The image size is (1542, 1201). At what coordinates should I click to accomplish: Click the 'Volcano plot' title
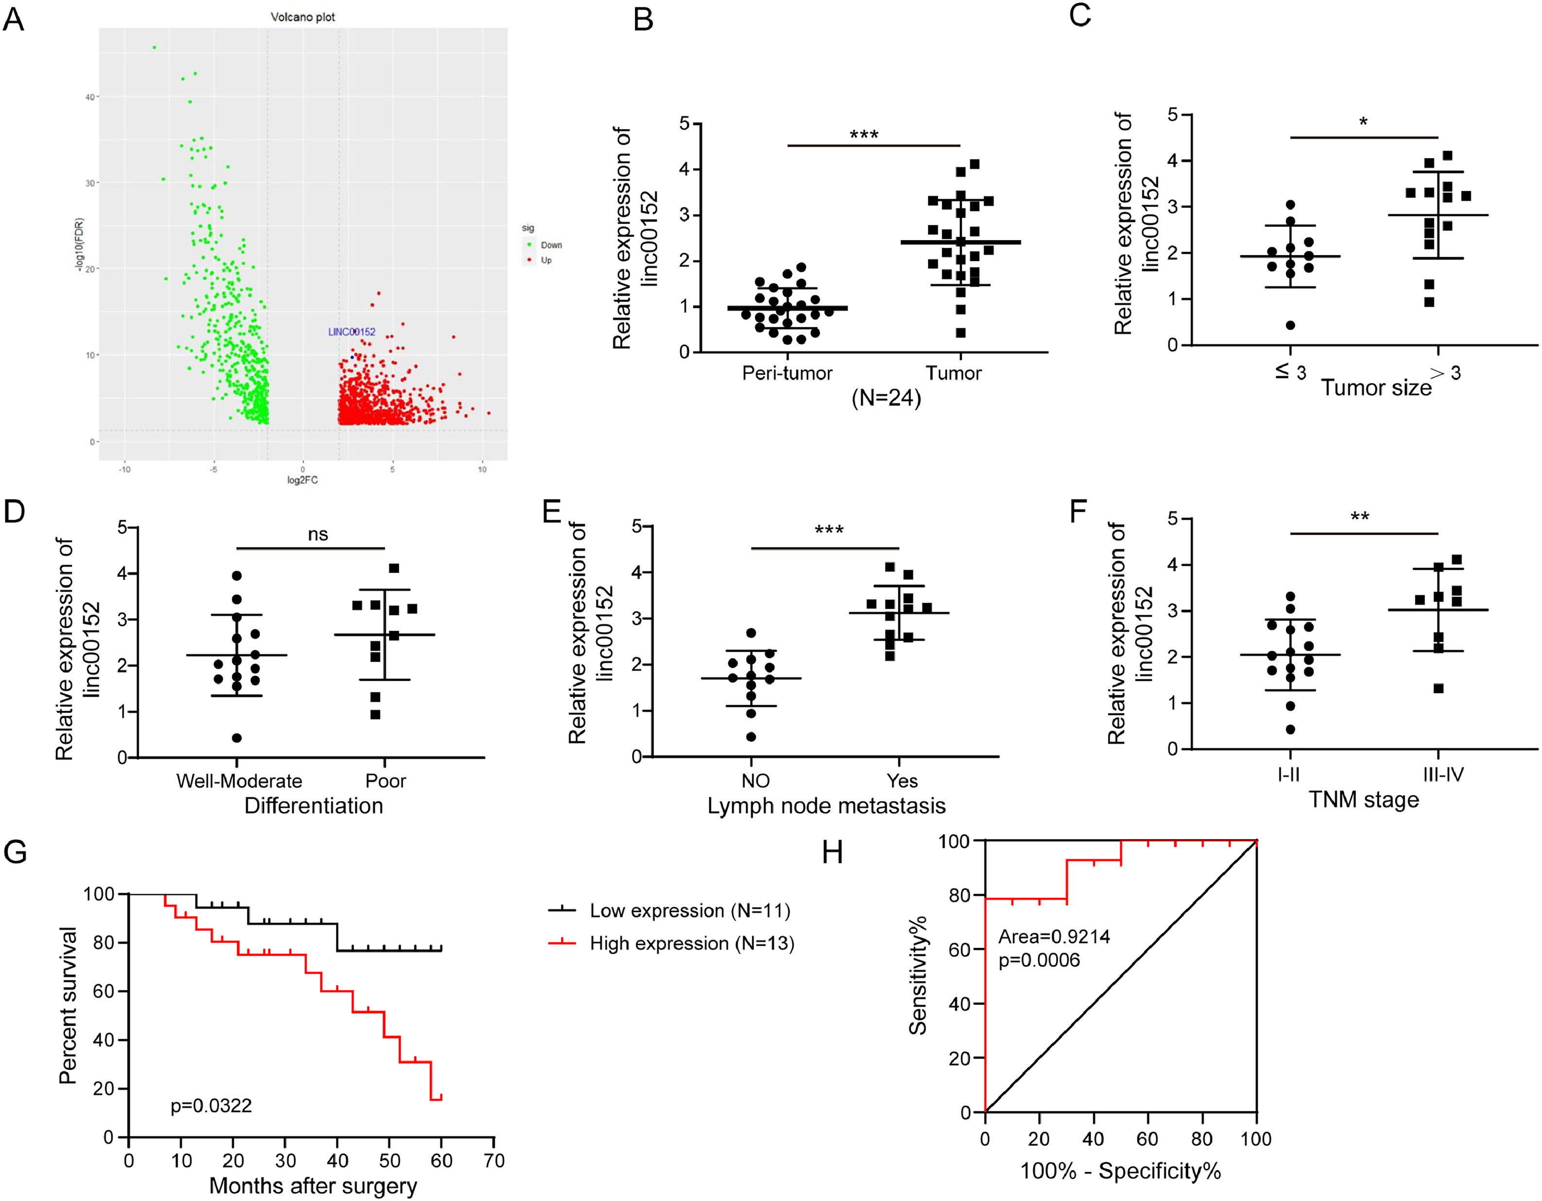click(303, 17)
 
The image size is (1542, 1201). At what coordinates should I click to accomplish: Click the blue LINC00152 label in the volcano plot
click(352, 332)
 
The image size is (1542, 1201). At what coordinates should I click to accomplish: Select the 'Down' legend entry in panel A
click(551, 245)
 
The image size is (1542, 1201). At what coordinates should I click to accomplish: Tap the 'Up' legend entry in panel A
click(546, 261)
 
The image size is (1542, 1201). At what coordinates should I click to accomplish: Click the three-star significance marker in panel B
click(863, 134)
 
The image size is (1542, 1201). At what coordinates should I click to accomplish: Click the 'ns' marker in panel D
click(318, 534)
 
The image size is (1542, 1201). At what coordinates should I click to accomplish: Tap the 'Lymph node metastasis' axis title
click(826, 806)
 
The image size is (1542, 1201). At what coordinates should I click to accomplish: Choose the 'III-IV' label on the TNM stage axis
click(1443, 774)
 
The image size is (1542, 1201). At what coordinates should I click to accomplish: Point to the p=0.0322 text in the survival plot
click(211, 1106)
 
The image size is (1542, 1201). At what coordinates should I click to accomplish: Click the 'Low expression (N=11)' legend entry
click(689, 911)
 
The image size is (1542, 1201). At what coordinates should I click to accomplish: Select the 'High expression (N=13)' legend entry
click(691, 943)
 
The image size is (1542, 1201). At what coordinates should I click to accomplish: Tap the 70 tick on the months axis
click(494, 1161)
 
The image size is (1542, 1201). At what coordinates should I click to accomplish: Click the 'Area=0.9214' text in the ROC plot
click(1054, 937)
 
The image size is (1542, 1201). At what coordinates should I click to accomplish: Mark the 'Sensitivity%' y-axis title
click(917, 976)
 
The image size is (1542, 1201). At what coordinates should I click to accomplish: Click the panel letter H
click(833, 853)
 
